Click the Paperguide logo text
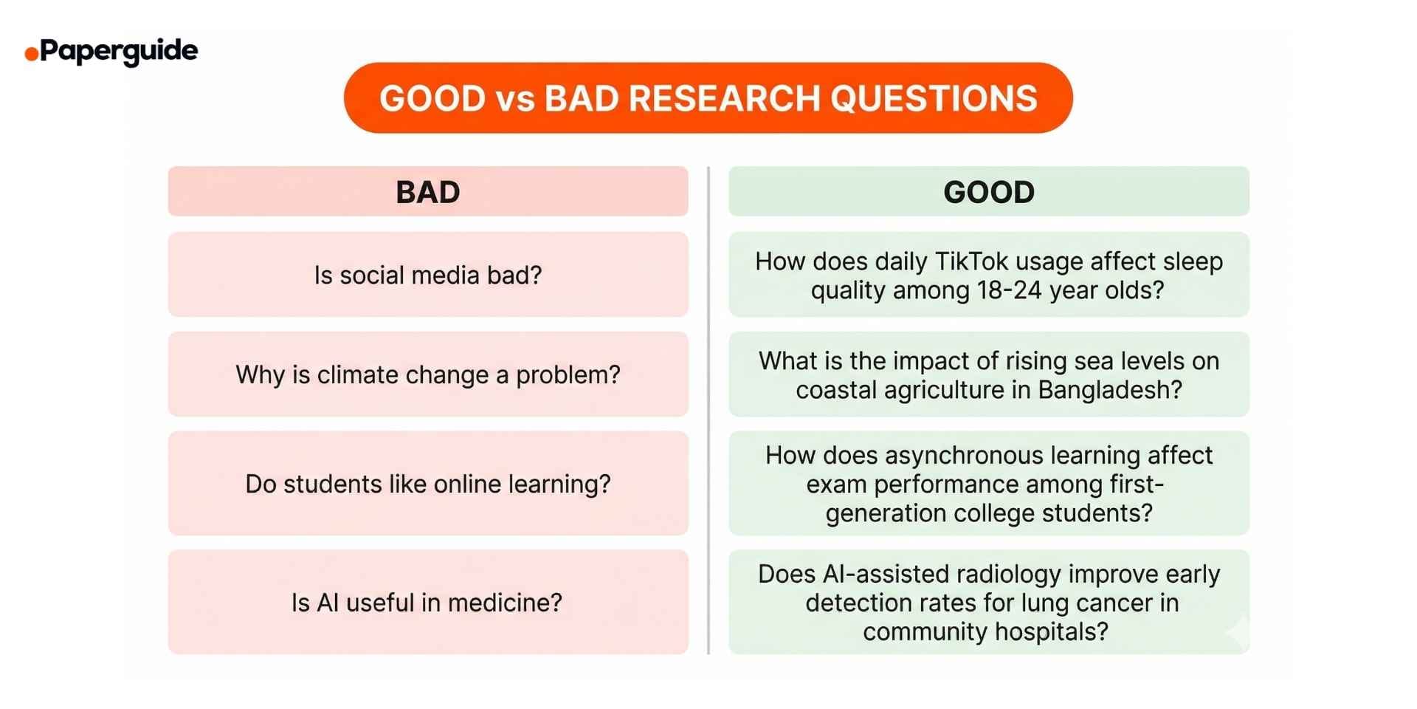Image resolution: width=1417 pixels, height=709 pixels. tap(119, 51)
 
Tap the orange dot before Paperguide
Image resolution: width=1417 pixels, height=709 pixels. tap(31, 54)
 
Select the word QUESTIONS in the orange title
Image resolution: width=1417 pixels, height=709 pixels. tap(934, 98)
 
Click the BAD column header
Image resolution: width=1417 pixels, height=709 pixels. tap(428, 192)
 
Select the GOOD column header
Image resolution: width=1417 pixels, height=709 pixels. tap(989, 192)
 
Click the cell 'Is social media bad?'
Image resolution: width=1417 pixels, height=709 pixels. tap(428, 275)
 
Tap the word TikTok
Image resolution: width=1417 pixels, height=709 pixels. tap(972, 261)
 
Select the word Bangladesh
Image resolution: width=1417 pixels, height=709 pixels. tap(1109, 390)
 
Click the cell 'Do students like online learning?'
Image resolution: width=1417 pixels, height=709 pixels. tap(428, 484)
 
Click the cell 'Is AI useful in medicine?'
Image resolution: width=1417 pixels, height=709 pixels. tap(427, 603)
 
